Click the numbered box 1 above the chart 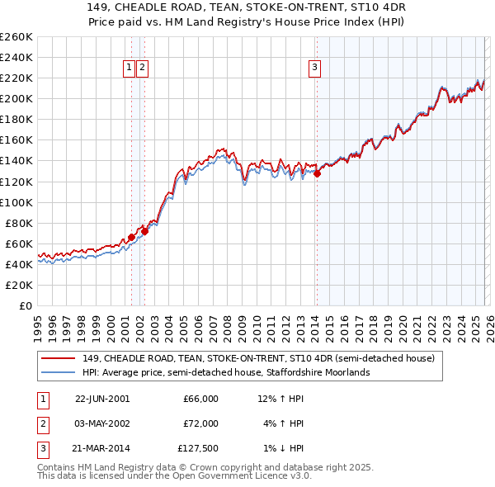coord(130,69)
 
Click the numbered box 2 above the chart coord(143,69)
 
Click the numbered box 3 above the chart coord(315,69)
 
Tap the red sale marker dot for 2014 coord(317,173)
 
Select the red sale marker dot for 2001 coord(131,237)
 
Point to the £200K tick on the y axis coord(16,98)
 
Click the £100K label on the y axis coord(16,202)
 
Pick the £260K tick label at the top coord(16,37)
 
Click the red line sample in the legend coord(58,358)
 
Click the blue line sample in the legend coord(58,372)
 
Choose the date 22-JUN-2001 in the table coord(101,399)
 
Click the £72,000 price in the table coord(200,423)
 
